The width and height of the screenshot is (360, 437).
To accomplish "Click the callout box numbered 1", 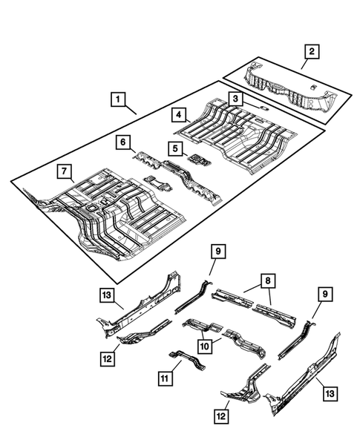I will pyautogui.click(x=117, y=97).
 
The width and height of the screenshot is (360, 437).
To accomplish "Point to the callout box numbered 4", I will pyautogui.click(x=179, y=114).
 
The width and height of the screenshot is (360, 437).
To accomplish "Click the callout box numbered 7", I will pyautogui.click(x=66, y=173).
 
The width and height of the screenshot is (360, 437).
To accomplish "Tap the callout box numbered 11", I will pyautogui.click(x=164, y=378).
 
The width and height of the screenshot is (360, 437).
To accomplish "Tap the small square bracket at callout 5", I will pyautogui.click(x=197, y=159).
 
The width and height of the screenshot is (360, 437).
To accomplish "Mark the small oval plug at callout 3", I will pyautogui.click(x=262, y=108).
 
